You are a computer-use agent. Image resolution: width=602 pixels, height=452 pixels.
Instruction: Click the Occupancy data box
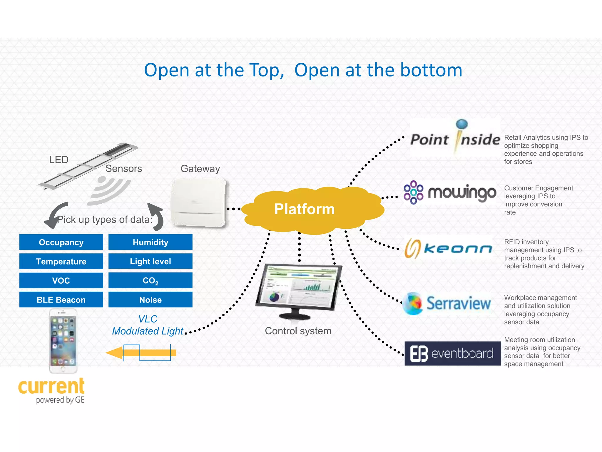tap(61, 242)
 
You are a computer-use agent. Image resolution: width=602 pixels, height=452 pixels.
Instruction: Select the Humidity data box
tap(150, 242)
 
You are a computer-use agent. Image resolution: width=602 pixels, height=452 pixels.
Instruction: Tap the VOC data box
tap(61, 280)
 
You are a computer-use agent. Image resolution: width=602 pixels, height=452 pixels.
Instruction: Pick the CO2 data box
tap(150, 280)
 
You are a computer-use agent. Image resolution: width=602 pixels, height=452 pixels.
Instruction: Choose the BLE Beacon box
tap(61, 300)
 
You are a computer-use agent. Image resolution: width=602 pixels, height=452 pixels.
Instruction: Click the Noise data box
tap(150, 300)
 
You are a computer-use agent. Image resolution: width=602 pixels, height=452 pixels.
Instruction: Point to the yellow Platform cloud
tap(312, 210)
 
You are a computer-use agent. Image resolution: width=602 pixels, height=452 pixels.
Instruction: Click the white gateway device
tap(199, 203)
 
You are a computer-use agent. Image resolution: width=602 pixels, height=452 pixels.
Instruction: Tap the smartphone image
tap(63, 341)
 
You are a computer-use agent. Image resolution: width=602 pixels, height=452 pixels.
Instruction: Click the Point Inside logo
tap(455, 138)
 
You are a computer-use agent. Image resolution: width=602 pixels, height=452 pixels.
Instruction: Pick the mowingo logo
tap(450, 193)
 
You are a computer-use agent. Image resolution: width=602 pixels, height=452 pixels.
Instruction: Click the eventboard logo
tap(452, 353)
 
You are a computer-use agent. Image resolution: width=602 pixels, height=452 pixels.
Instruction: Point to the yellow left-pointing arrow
tap(141, 353)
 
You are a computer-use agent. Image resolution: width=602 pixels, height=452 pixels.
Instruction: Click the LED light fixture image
tap(88, 166)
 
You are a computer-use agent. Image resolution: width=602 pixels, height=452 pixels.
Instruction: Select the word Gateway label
tap(200, 169)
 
